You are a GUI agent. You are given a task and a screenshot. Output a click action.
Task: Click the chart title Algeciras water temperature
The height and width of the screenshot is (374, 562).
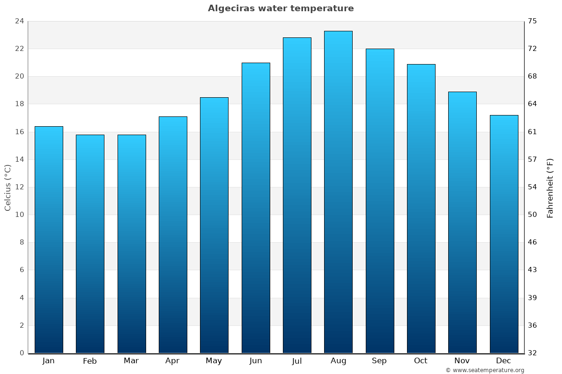point(281,8)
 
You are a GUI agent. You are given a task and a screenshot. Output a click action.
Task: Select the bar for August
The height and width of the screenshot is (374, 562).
point(338,192)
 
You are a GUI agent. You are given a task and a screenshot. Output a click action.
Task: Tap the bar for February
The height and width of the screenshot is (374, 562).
point(90,244)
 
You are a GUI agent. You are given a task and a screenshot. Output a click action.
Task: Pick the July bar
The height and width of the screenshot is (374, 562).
point(297,195)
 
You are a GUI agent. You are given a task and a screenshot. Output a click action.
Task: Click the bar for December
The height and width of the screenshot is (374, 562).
point(504,234)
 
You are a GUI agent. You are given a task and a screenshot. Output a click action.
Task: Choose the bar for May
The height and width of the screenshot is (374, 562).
point(214,225)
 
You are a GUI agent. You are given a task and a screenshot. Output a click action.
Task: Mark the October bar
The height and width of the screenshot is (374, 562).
point(421,209)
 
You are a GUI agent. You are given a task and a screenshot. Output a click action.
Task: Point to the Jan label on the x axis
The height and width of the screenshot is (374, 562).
point(49,360)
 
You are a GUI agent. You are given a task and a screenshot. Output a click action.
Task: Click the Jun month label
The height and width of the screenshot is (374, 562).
point(256,360)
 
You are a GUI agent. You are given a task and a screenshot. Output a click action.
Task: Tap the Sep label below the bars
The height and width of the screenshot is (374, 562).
point(379,360)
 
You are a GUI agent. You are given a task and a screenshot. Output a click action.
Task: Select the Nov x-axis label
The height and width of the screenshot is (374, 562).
point(462,360)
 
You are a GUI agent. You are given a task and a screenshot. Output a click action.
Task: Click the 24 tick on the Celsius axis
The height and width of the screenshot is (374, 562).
point(19,21)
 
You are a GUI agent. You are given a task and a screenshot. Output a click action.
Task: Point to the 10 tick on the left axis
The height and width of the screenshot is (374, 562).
point(19,215)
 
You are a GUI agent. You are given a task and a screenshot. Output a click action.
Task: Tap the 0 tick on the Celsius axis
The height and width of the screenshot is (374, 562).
point(22,353)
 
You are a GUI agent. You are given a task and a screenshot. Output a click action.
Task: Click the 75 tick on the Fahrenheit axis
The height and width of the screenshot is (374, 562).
point(533,21)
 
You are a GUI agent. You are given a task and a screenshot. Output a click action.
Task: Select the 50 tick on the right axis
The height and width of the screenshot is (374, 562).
point(533,215)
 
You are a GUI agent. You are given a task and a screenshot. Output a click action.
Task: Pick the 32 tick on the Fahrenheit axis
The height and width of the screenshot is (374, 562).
point(533,353)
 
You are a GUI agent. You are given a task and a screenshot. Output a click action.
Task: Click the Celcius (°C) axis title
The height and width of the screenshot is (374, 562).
point(7,187)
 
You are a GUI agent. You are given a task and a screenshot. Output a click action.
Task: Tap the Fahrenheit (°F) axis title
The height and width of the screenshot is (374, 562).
point(550,187)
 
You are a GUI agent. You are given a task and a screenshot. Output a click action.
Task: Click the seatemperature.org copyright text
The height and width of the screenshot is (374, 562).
point(485,370)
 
